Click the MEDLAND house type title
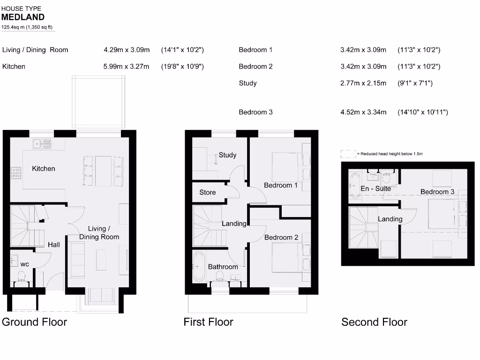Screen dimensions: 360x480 (23, 17)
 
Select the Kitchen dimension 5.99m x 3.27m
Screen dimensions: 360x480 (127, 67)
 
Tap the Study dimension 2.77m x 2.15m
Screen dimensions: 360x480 (363, 83)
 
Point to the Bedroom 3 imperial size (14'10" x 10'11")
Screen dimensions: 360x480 (422, 112)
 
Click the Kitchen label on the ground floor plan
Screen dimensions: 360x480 (44, 169)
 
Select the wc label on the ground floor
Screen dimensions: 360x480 (24, 264)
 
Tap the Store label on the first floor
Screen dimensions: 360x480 (208, 193)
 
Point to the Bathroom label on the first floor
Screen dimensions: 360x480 (223, 267)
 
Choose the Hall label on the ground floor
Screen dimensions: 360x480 (53, 245)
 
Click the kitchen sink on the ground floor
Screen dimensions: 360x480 (42, 142)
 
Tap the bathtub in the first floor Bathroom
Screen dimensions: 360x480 (199, 266)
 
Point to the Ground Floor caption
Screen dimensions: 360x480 (35, 322)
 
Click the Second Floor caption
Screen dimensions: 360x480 (374, 322)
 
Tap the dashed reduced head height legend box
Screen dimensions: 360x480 (348, 154)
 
